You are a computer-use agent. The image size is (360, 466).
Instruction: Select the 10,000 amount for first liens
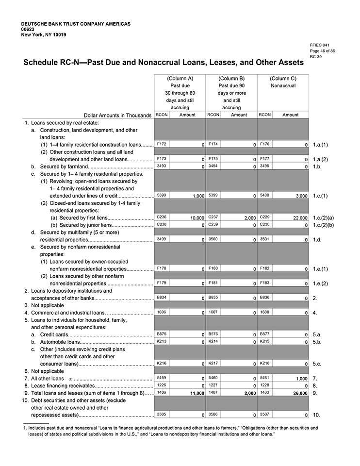point(195,218)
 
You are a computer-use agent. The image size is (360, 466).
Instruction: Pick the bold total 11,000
point(195,393)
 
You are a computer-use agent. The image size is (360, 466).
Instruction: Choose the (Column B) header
point(231,78)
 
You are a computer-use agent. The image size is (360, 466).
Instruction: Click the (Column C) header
point(283,78)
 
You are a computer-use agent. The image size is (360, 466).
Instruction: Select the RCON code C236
point(162,217)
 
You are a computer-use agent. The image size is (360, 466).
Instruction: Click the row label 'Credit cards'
point(54,334)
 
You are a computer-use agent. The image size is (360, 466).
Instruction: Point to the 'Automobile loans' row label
point(60,342)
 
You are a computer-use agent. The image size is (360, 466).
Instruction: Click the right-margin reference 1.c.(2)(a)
point(323,218)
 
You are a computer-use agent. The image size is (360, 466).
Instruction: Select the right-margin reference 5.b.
point(317,342)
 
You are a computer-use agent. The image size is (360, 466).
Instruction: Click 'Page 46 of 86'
point(322,50)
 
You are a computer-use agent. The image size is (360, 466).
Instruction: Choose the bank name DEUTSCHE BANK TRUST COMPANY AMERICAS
point(76,24)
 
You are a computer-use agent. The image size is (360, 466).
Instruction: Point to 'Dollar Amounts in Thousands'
point(117,116)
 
